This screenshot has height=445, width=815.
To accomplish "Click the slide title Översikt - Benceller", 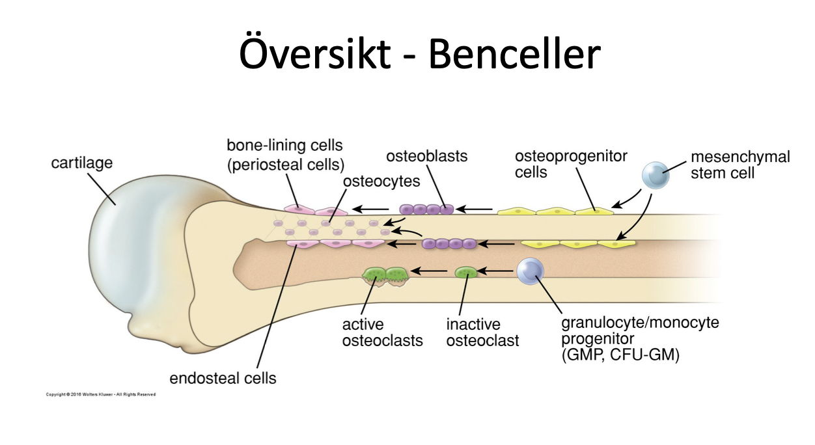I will [419, 53].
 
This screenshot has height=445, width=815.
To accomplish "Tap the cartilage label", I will [81, 163].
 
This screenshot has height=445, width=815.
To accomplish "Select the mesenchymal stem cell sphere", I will [655, 175].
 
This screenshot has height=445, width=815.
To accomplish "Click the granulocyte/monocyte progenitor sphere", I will [530, 271].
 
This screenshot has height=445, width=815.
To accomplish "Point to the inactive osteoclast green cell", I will [465, 272].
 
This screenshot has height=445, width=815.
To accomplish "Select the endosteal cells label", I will [223, 378].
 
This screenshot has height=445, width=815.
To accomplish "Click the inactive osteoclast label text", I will [482, 332].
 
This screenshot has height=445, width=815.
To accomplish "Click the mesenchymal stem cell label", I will [739, 165].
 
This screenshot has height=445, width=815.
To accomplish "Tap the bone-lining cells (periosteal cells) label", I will [285, 154].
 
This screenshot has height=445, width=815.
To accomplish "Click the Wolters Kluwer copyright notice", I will [101, 394].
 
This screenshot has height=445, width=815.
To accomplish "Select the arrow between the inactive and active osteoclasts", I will [432, 271].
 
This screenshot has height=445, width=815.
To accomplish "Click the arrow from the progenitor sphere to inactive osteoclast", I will [497, 271].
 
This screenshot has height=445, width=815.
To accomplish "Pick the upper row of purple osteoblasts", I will [426, 209].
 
